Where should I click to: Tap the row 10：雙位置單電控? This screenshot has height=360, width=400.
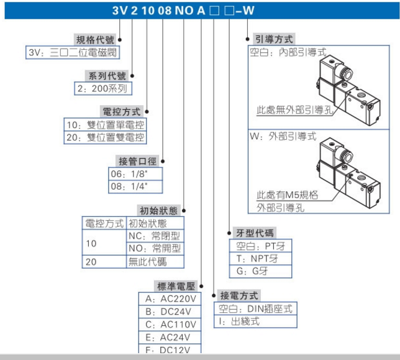tap(106, 124)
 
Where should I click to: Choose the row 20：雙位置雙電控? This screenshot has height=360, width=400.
tap(106, 137)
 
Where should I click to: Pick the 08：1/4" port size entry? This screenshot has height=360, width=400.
tap(129, 186)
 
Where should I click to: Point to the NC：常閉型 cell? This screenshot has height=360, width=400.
tap(155, 236)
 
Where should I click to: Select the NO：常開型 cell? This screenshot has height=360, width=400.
tap(155, 249)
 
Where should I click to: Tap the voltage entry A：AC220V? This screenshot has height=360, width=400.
tap(170, 298)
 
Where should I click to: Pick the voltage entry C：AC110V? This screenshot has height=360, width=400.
tap(170, 325)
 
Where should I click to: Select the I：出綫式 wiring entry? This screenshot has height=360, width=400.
tap(239, 321)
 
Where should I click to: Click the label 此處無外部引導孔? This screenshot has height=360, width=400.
tap(294, 111)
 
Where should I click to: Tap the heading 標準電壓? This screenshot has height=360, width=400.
tap(176, 286)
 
